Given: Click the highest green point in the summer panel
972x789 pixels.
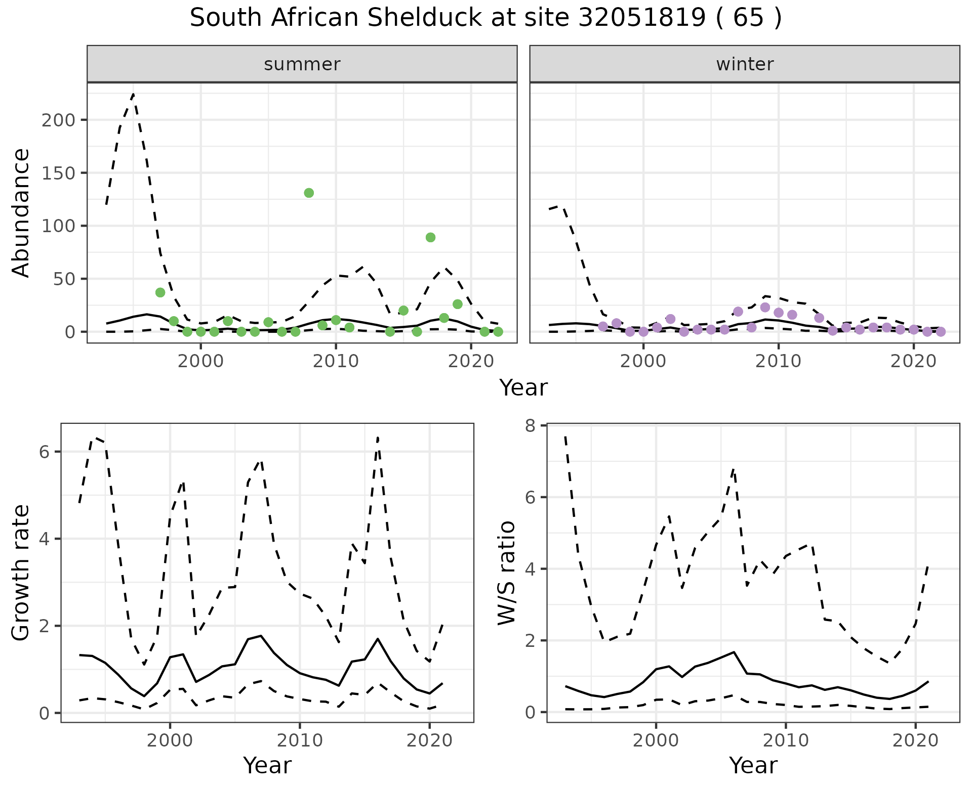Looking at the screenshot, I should (309, 193).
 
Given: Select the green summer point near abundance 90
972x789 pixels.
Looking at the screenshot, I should (430, 237).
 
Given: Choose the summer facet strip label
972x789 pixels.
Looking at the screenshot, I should (302, 64).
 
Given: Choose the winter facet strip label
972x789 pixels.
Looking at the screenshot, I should (745, 64).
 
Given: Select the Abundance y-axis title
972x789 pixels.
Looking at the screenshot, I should (21, 212).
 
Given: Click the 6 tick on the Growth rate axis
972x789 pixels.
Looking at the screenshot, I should (45, 452).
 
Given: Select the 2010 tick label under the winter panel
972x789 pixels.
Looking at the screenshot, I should (779, 361).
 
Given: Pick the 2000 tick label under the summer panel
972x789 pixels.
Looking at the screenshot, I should (200, 361).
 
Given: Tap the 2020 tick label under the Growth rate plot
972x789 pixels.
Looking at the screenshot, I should (429, 741).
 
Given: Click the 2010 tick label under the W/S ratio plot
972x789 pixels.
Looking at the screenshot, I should (785, 741).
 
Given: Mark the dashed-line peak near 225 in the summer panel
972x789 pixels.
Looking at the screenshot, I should (133, 94).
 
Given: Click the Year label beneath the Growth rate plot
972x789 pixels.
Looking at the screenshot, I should (267, 766).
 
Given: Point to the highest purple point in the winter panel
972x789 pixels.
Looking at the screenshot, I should (765, 308).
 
